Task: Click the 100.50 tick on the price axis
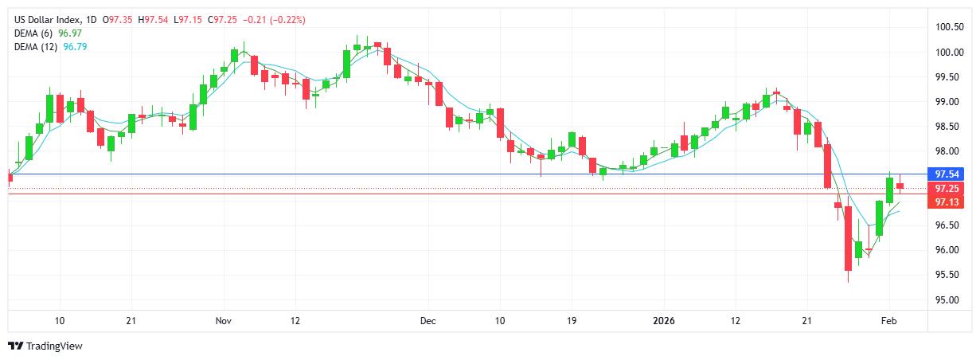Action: pyautogui.click(x=949, y=27)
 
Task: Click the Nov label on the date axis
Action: pyautogui.click(x=224, y=321)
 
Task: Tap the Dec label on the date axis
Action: pyautogui.click(x=428, y=321)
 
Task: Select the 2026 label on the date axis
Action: pyautogui.click(x=663, y=321)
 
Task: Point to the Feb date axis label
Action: pyautogui.click(x=889, y=321)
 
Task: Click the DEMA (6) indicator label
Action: pyautogui.click(x=34, y=33)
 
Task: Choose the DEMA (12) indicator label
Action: pyautogui.click(x=37, y=47)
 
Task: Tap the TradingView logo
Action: pyautogui.click(x=45, y=346)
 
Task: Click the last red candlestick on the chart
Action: pyautogui.click(x=900, y=186)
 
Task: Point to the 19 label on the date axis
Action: pyautogui.click(x=572, y=321)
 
